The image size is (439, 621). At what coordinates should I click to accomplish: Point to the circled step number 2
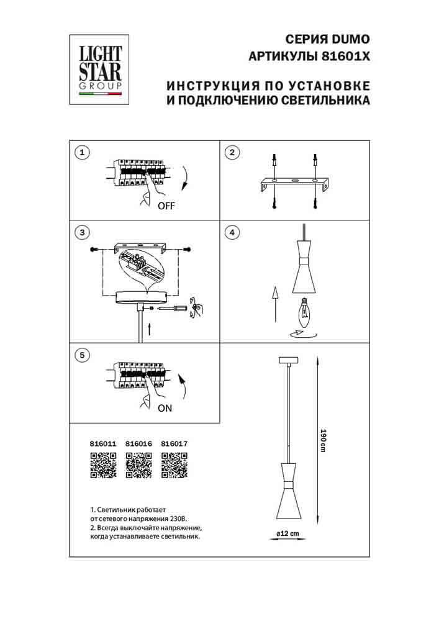coord(232,152)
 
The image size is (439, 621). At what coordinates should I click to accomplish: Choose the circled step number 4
coord(232,233)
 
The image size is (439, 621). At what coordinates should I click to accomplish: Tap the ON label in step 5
coord(165,409)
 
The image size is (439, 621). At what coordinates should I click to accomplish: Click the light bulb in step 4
coord(305,313)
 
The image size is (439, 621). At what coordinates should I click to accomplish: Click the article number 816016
coord(138,445)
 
